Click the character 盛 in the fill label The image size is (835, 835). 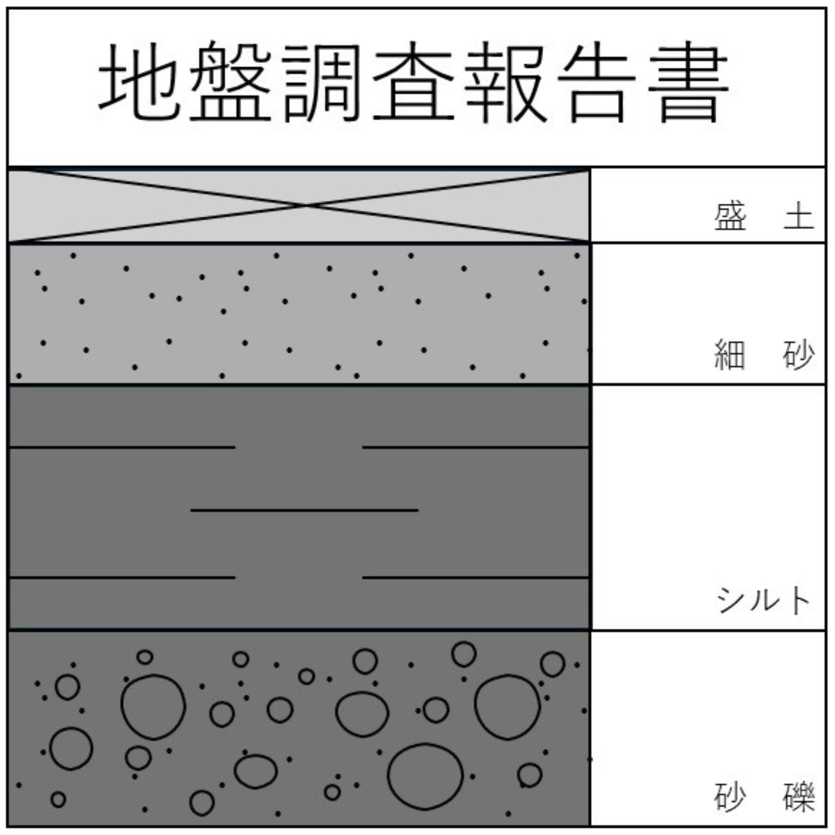pyautogui.click(x=730, y=217)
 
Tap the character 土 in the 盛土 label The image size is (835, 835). pyautogui.click(x=799, y=217)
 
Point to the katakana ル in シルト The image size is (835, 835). pyautogui.click(x=764, y=600)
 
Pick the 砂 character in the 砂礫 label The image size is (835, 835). pyautogui.click(x=730, y=797)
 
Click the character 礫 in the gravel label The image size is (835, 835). pyautogui.click(x=799, y=797)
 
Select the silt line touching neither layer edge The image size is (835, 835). pyautogui.click(x=304, y=510)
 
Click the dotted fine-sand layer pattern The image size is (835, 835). pyautogui.click(x=297, y=322)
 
